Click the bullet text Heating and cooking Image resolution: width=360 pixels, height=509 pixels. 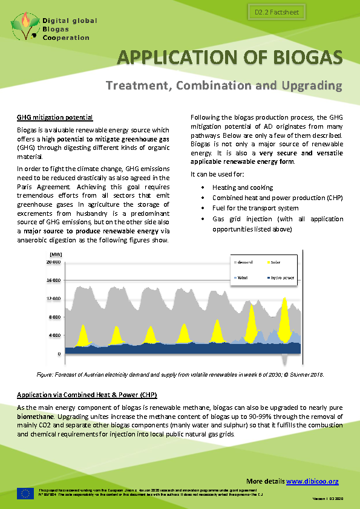pos(243,187)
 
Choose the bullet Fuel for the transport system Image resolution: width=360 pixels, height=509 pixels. pos(255,208)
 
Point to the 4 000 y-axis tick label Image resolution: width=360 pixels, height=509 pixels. pos(54,335)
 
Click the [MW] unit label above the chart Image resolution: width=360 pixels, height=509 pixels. pos(56,255)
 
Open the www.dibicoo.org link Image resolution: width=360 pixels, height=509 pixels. pos(312,481)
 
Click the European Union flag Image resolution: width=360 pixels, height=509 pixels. pos(25,493)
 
